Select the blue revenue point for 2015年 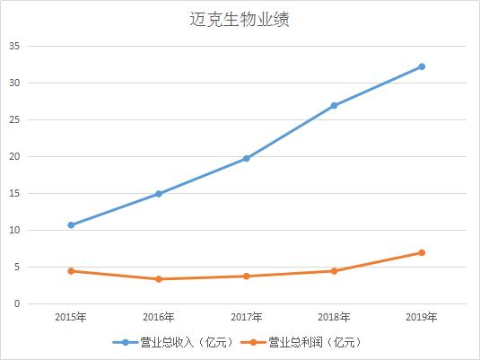(71, 224)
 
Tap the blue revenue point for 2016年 (159, 193)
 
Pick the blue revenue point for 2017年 (247, 158)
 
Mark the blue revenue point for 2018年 (334, 105)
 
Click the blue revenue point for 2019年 (422, 66)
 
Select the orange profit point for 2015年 (71, 270)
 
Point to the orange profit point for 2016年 (159, 278)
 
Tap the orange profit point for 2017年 (247, 276)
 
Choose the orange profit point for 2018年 (334, 270)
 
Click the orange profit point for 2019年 (422, 252)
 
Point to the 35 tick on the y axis (14, 47)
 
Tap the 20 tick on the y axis (14, 157)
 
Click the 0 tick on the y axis (17, 304)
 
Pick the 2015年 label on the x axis (71, 317)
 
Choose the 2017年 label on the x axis (247, 317)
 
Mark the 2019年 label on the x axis (422, 317)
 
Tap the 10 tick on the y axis (14, 231)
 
